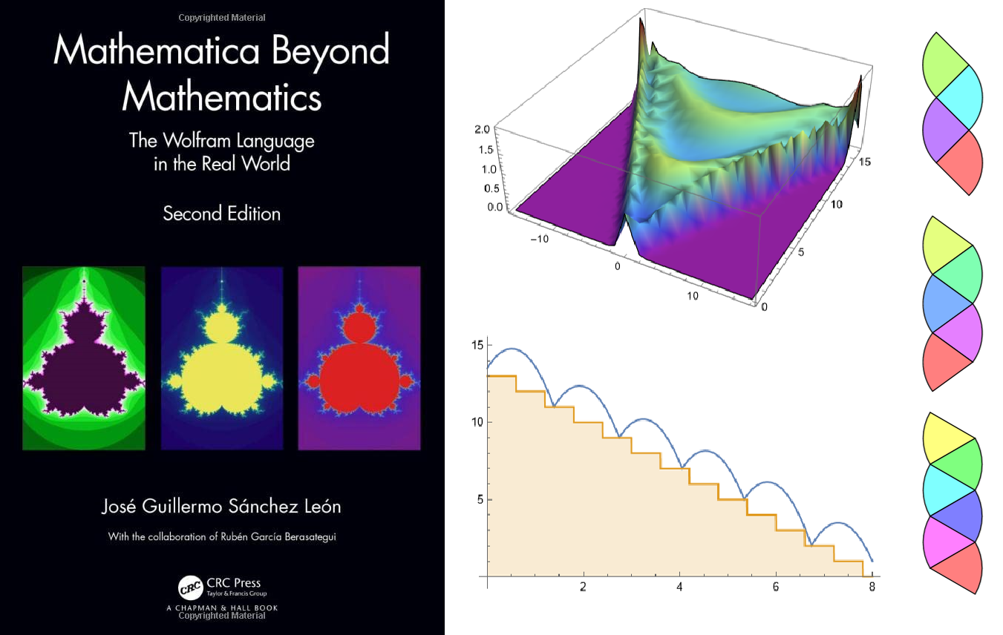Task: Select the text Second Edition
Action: [x=222, y=214]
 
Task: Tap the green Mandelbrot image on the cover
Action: [x=84, y=358]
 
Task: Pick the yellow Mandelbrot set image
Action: [x=222, y=358]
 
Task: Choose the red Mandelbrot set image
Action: [x=359, y=358]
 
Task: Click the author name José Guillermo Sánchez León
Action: [x=221, y=507]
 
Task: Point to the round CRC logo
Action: [x=190, y=588]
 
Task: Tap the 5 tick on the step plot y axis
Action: [x=479, y=500]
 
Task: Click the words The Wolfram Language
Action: [x=222, y=140]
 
